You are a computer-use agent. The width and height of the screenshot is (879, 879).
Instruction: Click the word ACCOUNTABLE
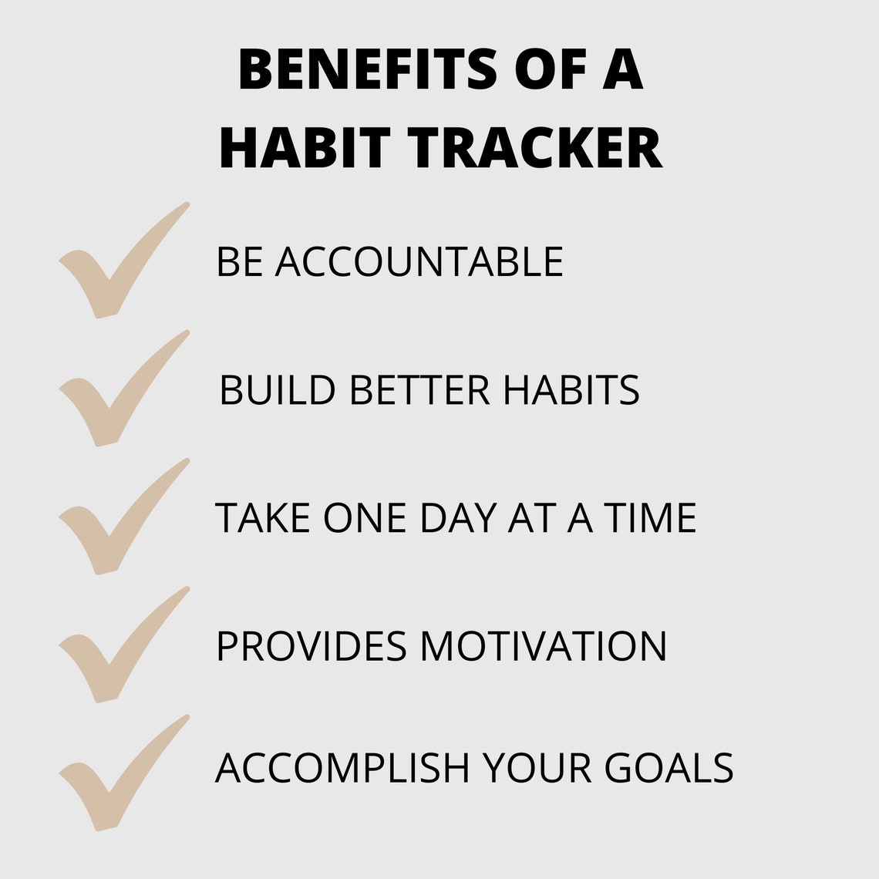(x=419, y=261)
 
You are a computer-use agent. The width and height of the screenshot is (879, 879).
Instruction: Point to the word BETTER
(x=419, y=390)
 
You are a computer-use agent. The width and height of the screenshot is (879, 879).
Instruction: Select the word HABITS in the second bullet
(x=571, y=390)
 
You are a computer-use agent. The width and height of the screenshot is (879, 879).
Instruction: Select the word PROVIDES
(x=311, y=646)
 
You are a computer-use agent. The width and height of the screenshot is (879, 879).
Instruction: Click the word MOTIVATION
(x=543, y=646)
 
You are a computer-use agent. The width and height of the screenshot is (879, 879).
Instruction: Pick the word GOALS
(x=669, y=768)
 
